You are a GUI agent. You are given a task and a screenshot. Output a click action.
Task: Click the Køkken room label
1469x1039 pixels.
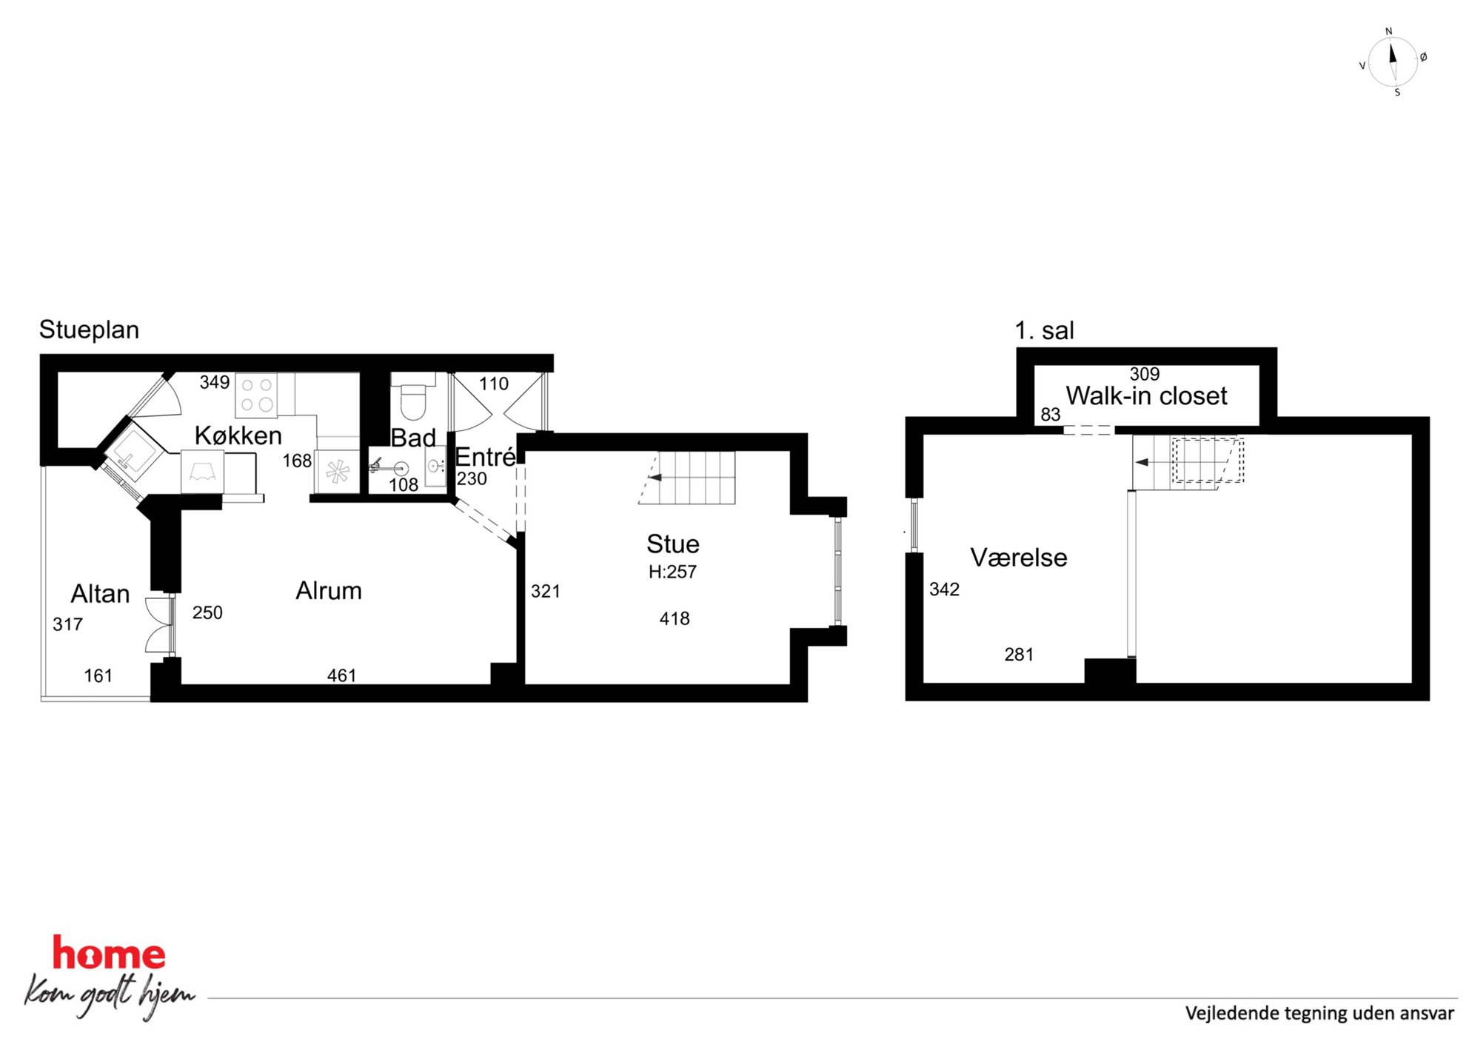point(238,435)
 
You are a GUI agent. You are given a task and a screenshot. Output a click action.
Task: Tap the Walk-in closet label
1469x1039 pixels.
point(1146,396)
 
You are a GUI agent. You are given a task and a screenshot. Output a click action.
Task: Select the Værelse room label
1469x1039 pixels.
point(1019,558)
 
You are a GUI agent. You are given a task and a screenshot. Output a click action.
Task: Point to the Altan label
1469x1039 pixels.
point(100,594)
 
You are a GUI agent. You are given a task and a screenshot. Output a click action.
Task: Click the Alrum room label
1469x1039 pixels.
point(329,591)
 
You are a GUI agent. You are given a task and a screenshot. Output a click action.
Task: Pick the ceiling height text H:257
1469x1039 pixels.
point(672,572)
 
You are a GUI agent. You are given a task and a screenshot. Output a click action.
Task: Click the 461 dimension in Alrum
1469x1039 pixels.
point(341,675)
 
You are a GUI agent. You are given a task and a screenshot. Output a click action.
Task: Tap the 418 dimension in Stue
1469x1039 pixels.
point(675,618)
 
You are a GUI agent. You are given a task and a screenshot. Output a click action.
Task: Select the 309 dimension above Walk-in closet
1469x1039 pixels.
point(1145,374)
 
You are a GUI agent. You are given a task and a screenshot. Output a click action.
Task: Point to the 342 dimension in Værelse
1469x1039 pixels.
point(944,589)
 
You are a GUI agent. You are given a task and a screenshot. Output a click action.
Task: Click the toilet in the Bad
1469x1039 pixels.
point(413,396)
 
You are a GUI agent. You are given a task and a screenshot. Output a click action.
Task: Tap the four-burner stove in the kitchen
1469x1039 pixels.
point(256,395)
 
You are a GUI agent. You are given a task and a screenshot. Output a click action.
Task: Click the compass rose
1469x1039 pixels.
point(1393,61)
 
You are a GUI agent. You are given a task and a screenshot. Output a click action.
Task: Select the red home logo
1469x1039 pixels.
point(109,953)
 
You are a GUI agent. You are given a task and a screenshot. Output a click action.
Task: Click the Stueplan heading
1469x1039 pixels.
point(89,330)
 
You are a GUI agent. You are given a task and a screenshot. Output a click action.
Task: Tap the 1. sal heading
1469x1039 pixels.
point(1044,331)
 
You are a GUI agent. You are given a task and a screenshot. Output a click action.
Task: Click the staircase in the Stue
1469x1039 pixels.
point(687,478)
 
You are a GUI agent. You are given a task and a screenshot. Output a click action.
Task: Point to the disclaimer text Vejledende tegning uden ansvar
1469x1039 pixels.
point(1319,1013)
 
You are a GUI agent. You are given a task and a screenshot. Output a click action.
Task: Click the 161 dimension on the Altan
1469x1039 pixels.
point(98,675)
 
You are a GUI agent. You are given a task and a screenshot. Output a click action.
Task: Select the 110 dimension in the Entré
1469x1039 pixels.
point(494,384)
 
